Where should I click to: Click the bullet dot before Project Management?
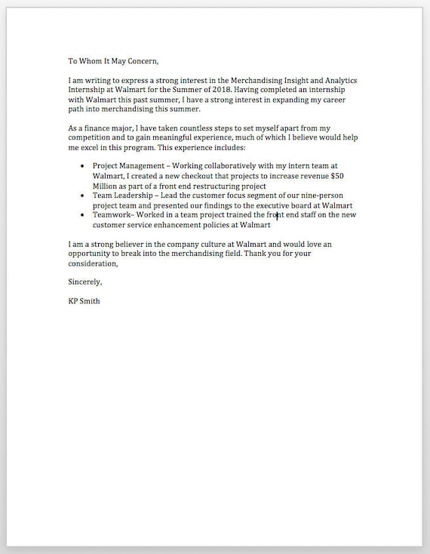(82, 165)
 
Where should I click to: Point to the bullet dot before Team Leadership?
(82, 195)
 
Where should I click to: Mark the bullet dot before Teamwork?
(82, 214)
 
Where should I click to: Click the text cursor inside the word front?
(277, 216)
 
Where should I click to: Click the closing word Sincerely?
(84, 282)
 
